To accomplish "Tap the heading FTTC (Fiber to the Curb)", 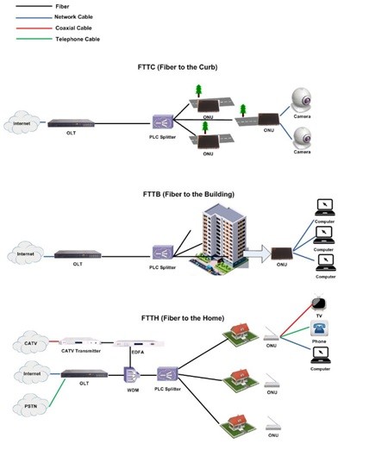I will (184, 66).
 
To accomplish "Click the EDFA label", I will (136, 352).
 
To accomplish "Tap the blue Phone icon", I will (318, 329).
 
